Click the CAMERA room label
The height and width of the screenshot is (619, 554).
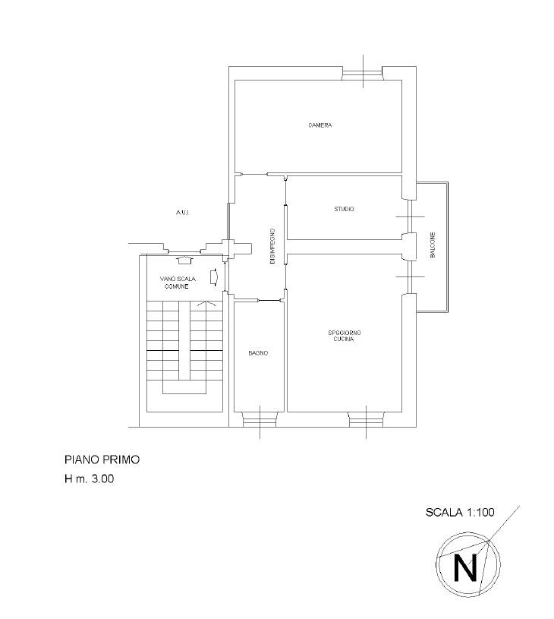(320, 125)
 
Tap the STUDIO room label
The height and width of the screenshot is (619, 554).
(344, 209)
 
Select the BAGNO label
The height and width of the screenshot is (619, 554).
(258, 353)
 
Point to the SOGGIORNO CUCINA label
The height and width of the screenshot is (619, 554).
(344, 336)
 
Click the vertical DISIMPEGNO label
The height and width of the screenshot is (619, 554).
(272, 246)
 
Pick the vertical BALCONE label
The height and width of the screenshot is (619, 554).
(433, 245)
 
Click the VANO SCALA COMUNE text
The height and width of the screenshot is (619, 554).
(177, 283)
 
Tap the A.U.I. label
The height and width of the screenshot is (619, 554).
(183, 213)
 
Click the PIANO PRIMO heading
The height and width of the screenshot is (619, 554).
(102, 460)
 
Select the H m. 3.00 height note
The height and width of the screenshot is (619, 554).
(90, 478)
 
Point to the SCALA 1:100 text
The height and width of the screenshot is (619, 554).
(460, 512)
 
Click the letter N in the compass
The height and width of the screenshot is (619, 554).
(466, 567)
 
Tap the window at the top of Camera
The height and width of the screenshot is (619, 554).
(363, 74)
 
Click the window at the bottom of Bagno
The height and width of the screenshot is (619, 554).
(260, 419)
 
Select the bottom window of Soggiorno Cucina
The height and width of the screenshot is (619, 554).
(367, 419)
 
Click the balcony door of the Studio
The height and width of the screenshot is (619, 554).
(411, 216)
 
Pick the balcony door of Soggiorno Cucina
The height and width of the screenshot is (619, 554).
(411, 276)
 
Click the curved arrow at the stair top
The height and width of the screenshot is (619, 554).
(206, 304)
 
